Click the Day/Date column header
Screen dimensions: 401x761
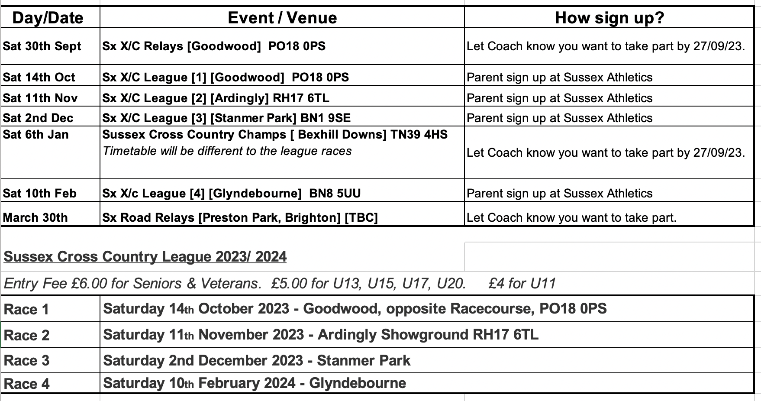(x=48, y=18)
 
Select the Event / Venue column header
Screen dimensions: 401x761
(x=282, y=18)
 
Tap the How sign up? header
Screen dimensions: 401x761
(x=609, y=18)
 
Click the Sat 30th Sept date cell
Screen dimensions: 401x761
(x=42, y=46)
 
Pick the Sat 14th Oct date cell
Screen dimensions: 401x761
(x=39, y=78)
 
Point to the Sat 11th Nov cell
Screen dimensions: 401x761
(x=40, y=98)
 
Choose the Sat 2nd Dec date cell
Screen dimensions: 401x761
(x=38, y=118)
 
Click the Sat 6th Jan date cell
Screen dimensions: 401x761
(x=35, y=135)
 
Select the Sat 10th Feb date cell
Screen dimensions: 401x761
(x=40, y=194)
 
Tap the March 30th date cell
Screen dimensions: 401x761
(x=35, y=218)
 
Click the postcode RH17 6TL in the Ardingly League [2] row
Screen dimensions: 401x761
(x=301, y=98)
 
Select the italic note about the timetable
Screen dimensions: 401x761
(x=227, y=151)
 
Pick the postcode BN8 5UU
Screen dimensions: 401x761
(x=335, y=194)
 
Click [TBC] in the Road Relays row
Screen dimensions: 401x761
(x=361, y=218)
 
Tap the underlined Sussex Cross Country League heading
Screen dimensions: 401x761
(x=145, y=257)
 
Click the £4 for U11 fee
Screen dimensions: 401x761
(x=522, y=284)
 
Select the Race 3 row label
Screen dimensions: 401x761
(x=26, y=361)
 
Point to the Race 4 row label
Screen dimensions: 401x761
(x=26, y=384)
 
